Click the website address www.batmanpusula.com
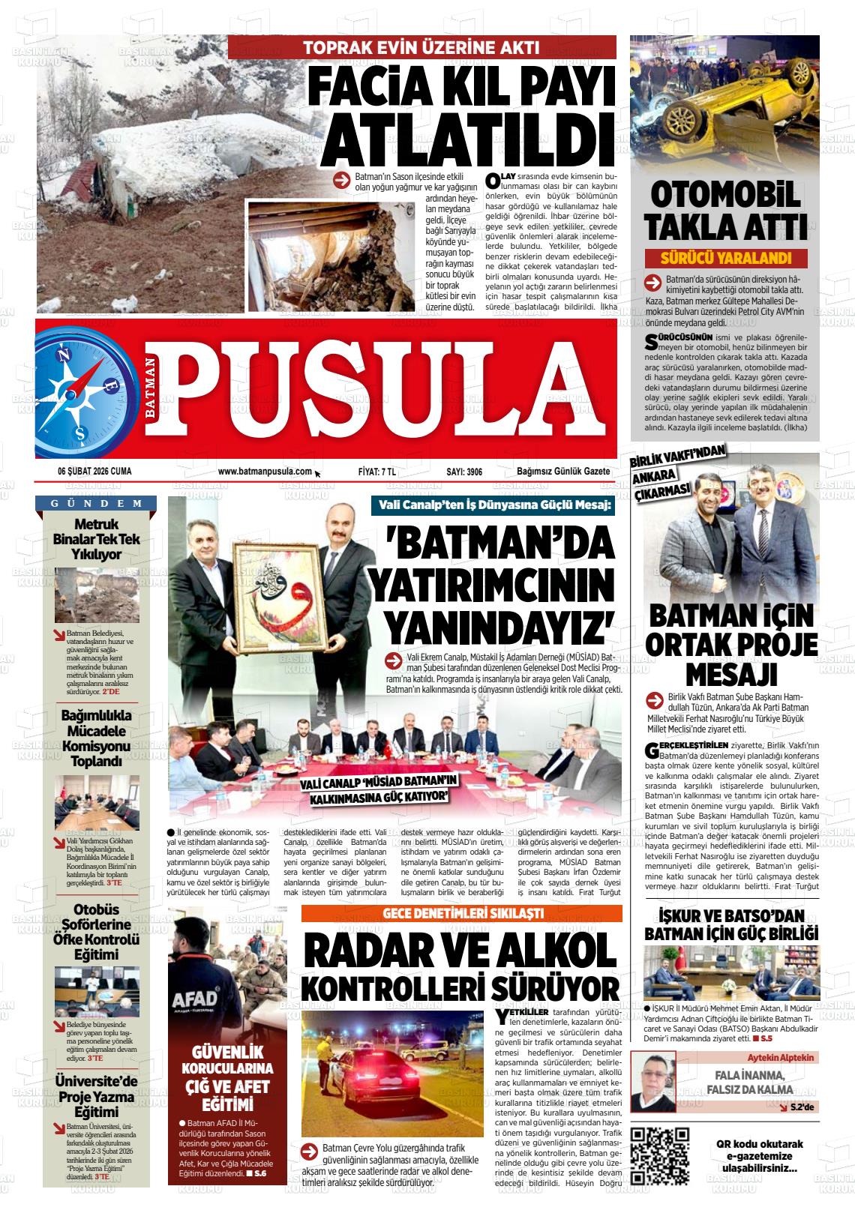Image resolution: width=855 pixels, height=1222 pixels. [x=265, y=471]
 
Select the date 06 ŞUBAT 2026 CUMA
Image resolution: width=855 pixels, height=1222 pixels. [x=94, y=471]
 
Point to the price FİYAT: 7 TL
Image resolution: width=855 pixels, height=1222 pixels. [x=377, y=471]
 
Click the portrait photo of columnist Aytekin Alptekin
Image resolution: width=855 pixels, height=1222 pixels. [x=652, y=1081]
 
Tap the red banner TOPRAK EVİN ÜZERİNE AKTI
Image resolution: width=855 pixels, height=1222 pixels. [x=421, y=48]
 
